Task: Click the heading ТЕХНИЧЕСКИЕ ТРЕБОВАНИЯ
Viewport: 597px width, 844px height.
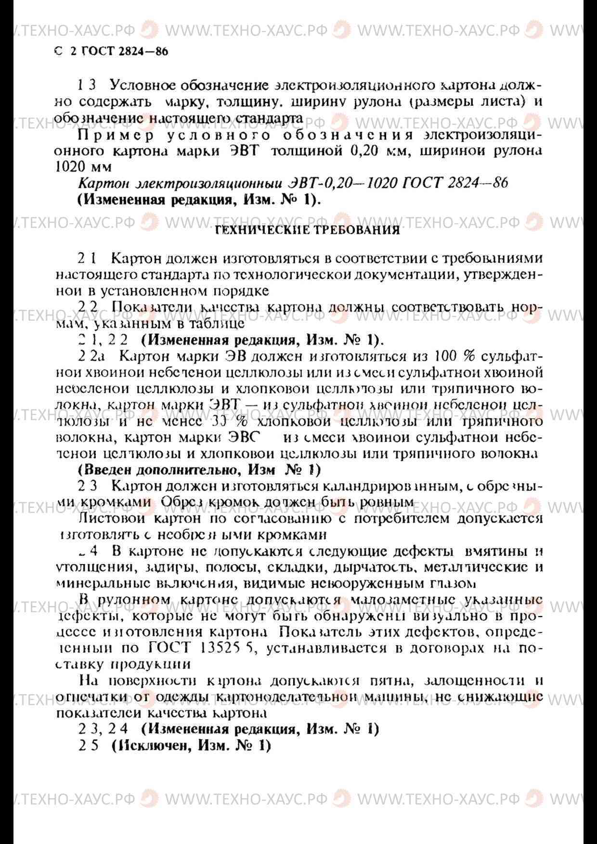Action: tap(307, 230)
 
